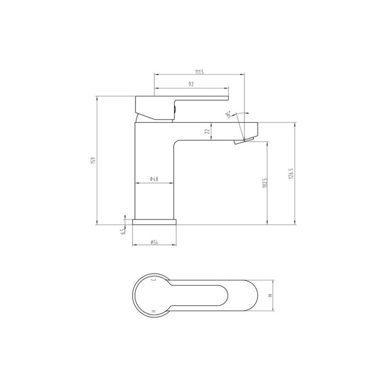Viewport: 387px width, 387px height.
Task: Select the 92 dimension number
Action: [191, 84]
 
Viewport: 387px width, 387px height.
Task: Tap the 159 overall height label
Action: [93, 160]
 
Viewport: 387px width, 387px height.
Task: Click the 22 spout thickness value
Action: [207, 132]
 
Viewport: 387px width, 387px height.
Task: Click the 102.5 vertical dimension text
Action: [265, 183]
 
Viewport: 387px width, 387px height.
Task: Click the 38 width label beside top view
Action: [270, 296]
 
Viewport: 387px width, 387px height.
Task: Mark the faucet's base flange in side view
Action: [155, 222]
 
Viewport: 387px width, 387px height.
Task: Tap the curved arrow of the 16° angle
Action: [239, 112]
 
